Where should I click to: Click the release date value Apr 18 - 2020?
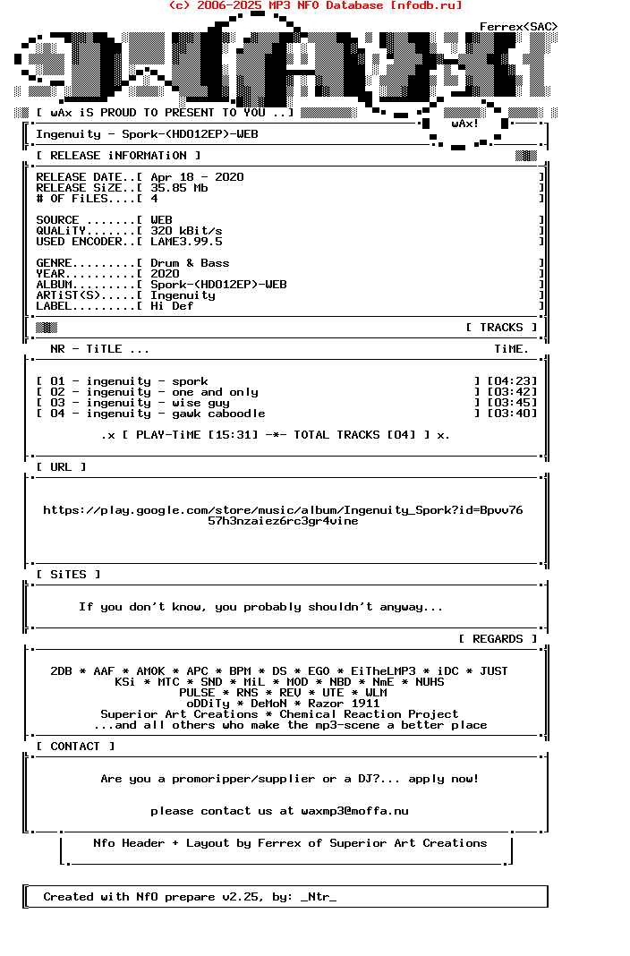point(197,177)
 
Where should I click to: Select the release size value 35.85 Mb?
point(179,188)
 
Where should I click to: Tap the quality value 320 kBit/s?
point(186,231)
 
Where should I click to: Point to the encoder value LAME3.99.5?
point(186,242)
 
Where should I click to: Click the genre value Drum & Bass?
point(190,263)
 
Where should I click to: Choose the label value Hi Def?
point(172,306)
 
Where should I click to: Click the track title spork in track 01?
point(190,381)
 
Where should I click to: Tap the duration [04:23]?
point(512,381)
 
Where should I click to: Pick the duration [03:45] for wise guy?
point(512,403)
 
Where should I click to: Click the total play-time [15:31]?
point(233,435)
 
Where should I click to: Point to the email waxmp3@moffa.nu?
point(354,811)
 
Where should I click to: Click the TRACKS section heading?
point(501,328)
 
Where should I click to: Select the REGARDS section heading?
point(498,639)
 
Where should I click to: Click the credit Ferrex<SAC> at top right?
point(519,27)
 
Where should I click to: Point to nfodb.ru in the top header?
point(426,5)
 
